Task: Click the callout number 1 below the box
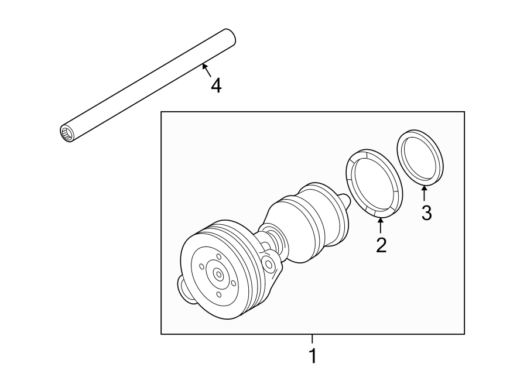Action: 312,355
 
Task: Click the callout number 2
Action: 381,245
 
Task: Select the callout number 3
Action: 426,213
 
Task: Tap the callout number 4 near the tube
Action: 216,86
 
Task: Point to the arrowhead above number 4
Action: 204,66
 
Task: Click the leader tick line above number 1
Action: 312,338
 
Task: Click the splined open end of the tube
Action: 66,133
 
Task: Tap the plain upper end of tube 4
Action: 230,37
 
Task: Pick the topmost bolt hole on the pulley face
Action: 218,256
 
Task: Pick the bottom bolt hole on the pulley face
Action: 218,294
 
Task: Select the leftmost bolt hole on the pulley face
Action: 202,266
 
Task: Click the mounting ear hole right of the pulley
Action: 269,265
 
